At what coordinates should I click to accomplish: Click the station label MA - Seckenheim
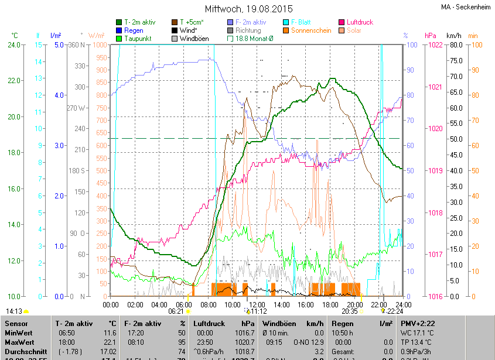click(466, 7)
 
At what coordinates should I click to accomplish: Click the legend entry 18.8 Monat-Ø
click(254, 39)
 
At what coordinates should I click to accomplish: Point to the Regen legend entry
click(134, 30)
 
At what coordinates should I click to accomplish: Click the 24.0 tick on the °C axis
click(13, 45)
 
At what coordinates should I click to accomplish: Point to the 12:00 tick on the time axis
click(257, 304)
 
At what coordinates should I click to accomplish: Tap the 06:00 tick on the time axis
click(184, 304)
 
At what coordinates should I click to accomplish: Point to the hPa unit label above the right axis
click(431, 35)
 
